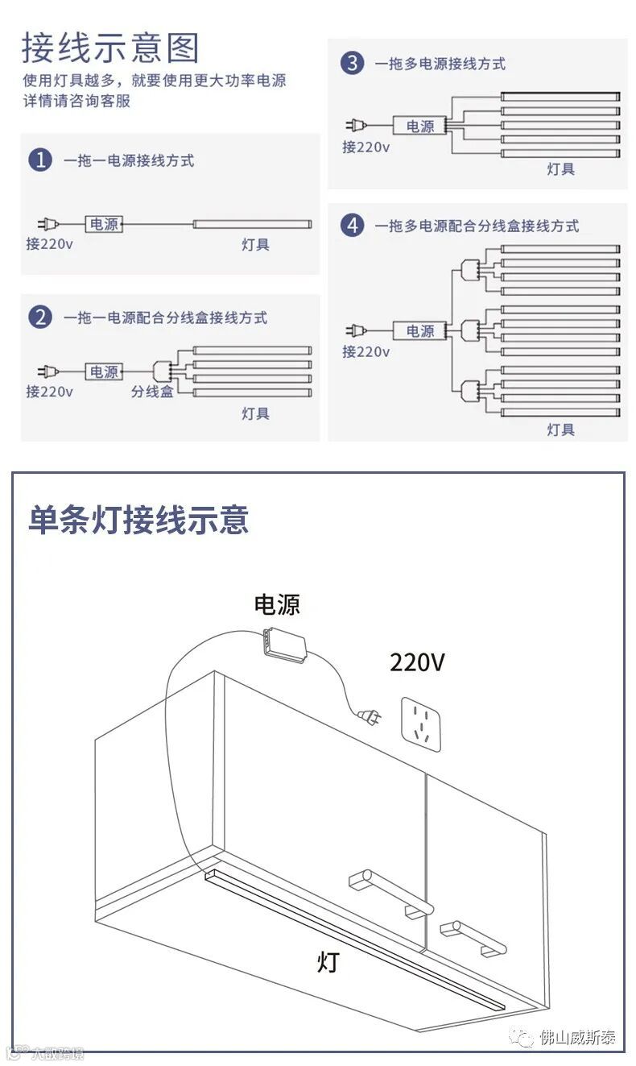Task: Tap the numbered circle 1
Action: point(40,160)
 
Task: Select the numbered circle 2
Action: point(40,317)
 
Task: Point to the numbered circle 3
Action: point(352,63)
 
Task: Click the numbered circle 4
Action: point(352,225)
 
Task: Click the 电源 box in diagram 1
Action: point(104,224)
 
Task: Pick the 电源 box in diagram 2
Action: point(104,371)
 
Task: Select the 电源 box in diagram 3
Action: point(419,126)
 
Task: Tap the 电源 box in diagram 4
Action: point(419,330)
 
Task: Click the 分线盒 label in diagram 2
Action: point(152,392)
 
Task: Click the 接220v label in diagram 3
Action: point(365,147)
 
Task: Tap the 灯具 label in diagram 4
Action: point(560,429)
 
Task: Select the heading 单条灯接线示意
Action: point(138,520)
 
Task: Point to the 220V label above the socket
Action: point(417,662)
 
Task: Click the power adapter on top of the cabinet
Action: point(283,645)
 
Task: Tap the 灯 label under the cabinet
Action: point(328,961)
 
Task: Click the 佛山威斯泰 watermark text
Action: point(578,1037)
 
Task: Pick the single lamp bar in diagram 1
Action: point(251,225)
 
